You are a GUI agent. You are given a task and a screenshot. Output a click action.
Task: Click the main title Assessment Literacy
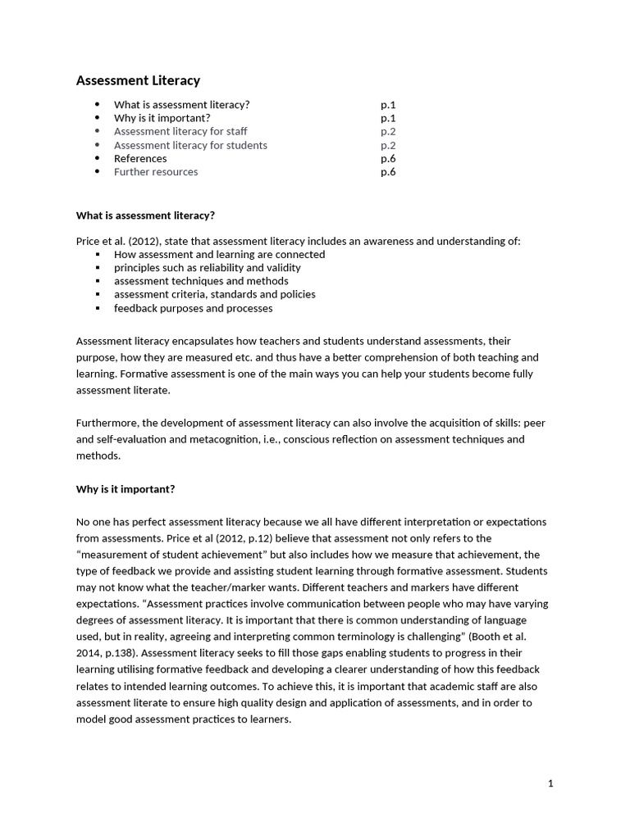(x=138, y=80)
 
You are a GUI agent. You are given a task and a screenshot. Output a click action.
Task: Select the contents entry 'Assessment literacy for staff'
(x=180, y=131)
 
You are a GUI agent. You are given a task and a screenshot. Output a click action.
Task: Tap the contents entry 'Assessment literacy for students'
(x=190, y=145)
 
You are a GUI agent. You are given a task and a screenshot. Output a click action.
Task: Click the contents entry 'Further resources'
(x=156, y=172)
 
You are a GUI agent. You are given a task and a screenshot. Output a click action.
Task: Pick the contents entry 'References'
(x=140, y=158)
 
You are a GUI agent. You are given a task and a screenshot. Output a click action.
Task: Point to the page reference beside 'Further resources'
(x=388, y=172)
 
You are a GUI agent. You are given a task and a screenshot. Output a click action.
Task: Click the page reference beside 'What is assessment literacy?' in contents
(x=388, y=105)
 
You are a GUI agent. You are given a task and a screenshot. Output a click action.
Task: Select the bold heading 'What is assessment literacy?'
(x=145, y=215)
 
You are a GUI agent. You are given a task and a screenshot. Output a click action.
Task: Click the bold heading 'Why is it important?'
(x=126, y=489)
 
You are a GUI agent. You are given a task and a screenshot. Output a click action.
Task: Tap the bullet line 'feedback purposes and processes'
(x=193, y=308)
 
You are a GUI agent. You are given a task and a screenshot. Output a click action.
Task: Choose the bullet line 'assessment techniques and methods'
(x=201, y=281)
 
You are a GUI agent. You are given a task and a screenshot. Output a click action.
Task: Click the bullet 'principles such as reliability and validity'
(x=207, y=267)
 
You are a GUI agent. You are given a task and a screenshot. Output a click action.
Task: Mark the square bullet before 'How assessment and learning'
(x=97, y=255)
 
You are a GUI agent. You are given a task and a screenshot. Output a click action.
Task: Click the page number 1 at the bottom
(x=550, y=783)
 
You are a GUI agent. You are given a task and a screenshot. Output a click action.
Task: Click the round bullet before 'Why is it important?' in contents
(x=97, y=118)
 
